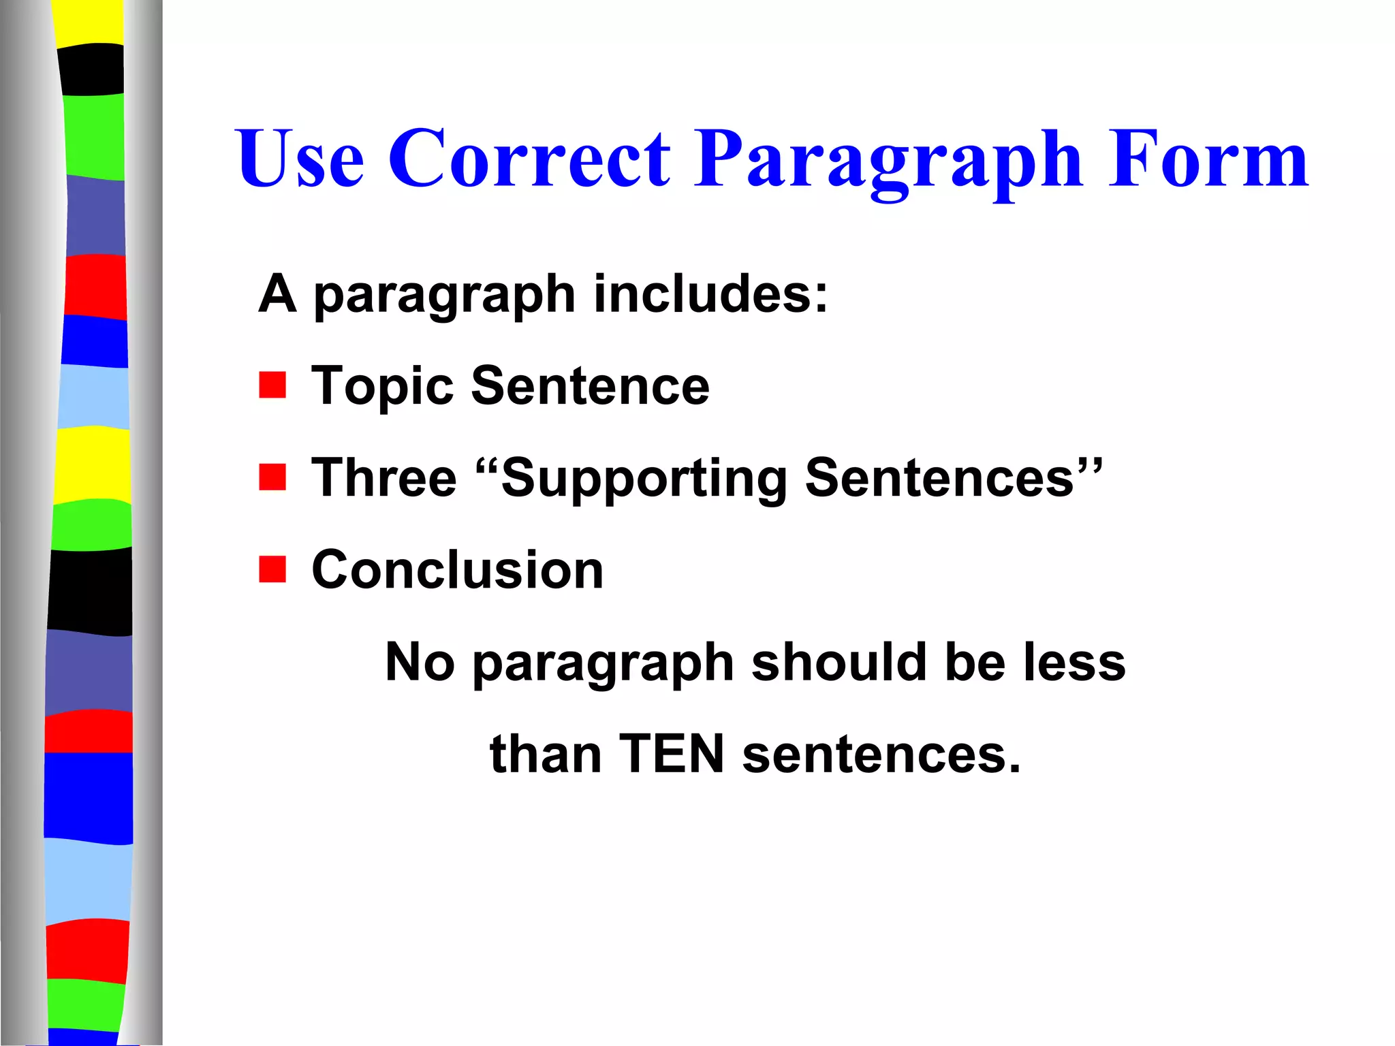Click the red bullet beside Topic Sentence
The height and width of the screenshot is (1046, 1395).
pyautogui.click(x=272, y=385)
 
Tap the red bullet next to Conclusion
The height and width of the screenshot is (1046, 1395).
pyautogui.click(x=272, y=569)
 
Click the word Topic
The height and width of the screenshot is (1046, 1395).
pyautogui.click(x=382, y=386)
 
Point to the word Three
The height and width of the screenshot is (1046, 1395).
pyautogui.click(x=383, y=477)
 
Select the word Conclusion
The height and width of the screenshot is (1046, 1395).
pyautogui.click(x=457, y=570)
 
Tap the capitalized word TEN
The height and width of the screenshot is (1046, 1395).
pyautogui.click(x=672, y=754)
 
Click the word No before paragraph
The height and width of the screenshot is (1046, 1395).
pyautogui.click(x=420, y=662)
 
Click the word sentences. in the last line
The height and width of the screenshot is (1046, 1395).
pyautogui.click(x=881, y=755)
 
